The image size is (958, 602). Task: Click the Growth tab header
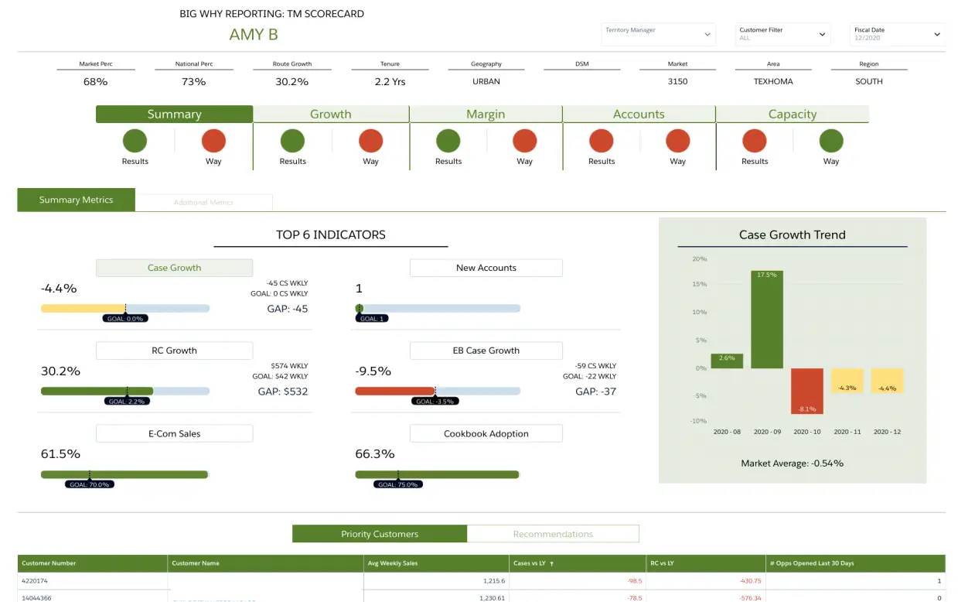tap(330, 115)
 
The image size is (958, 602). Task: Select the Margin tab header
tap(485, 115)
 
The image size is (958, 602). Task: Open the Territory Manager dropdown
tap(658, 34)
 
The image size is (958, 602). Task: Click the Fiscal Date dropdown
tap(897, 34)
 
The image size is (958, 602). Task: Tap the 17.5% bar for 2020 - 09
tap(766, 319)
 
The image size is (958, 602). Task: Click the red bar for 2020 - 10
tap(806, 391)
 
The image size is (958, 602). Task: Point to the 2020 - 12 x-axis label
tap(887, 432)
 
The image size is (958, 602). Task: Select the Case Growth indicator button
tap(174, 268)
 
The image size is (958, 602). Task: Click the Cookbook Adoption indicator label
tap(486, 433)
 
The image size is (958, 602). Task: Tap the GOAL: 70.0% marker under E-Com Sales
tap(90, 484)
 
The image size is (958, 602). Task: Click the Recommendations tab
tap(553, 534)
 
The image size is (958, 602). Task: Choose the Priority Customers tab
tap(380, 534)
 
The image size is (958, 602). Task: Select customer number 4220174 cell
tap(36, 580)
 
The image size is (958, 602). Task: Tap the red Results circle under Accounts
tap(601, 141)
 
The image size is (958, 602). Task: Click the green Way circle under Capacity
tap(831, 141)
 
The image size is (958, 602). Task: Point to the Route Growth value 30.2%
tap(291, 81)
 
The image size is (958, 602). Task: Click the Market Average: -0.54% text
tap(792, 463)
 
